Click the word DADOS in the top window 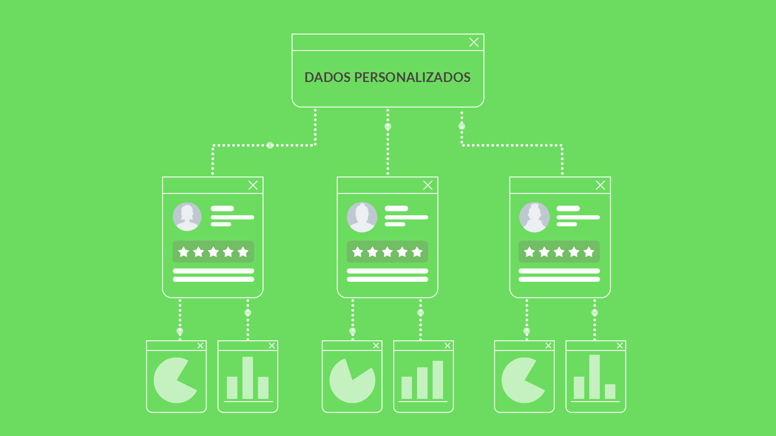click(327, 77)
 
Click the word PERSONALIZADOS click(412, 77)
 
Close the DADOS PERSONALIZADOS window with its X click(474, 42)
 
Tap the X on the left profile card click(253, 185)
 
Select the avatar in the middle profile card click(362, 217)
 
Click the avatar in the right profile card click(534, 217)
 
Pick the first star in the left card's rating click(183, 252)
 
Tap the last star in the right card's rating click(589, 252)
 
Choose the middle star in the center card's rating click(387, 252)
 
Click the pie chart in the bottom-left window click(172, 380)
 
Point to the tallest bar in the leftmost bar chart click(248, 377)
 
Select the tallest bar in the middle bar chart click(438, 379)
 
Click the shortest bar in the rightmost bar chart click(610, 391)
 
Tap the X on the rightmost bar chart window click(620, 346)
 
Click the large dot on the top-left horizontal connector click(270, 145)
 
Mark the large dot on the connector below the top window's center click(388, 126)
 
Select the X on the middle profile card click(428, 185)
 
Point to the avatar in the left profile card click(187, 217)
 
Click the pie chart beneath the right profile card click(519, 380)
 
